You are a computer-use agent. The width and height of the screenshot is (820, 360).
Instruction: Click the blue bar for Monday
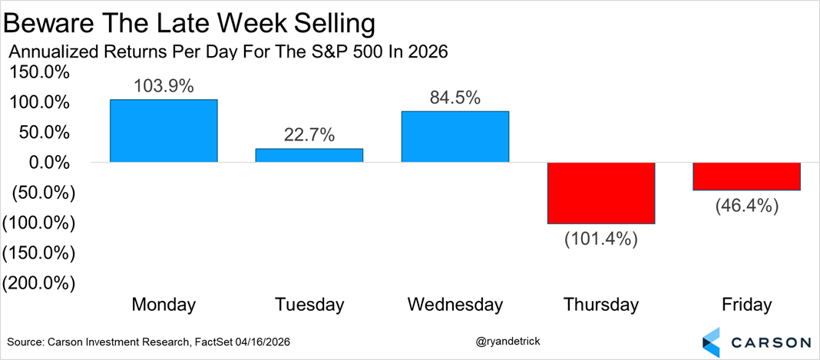pos(164,130)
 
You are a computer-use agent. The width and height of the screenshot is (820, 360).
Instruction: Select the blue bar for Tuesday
pos(309,155)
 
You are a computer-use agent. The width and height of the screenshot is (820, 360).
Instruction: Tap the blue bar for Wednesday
pos(455,137)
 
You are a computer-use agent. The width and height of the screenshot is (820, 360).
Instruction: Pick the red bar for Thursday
pos(600,193)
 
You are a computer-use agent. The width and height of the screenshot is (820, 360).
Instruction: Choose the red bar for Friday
pos(746,177)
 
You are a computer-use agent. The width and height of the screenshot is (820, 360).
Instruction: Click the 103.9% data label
pos(164,87)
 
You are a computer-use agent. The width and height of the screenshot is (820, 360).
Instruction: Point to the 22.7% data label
pos(309,136)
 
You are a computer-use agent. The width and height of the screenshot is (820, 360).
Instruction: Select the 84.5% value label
pos(455,98)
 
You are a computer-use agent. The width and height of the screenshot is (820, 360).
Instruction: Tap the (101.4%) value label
pos(600,238)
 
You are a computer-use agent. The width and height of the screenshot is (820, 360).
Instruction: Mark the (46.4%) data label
pos(746,205)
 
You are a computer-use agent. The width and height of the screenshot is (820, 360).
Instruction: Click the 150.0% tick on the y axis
pos(38,73)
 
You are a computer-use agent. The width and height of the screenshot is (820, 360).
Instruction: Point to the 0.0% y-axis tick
pos(48,163)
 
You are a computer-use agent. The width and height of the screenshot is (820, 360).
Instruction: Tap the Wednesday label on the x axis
pos(455,305)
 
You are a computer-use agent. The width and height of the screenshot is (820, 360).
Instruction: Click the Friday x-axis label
pos(746,305)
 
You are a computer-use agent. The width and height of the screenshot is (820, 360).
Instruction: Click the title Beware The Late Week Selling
pos(190,25)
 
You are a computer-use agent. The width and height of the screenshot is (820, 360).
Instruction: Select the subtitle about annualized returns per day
pos(227,53)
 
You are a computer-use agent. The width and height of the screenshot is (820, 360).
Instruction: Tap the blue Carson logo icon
pos(712,341)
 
